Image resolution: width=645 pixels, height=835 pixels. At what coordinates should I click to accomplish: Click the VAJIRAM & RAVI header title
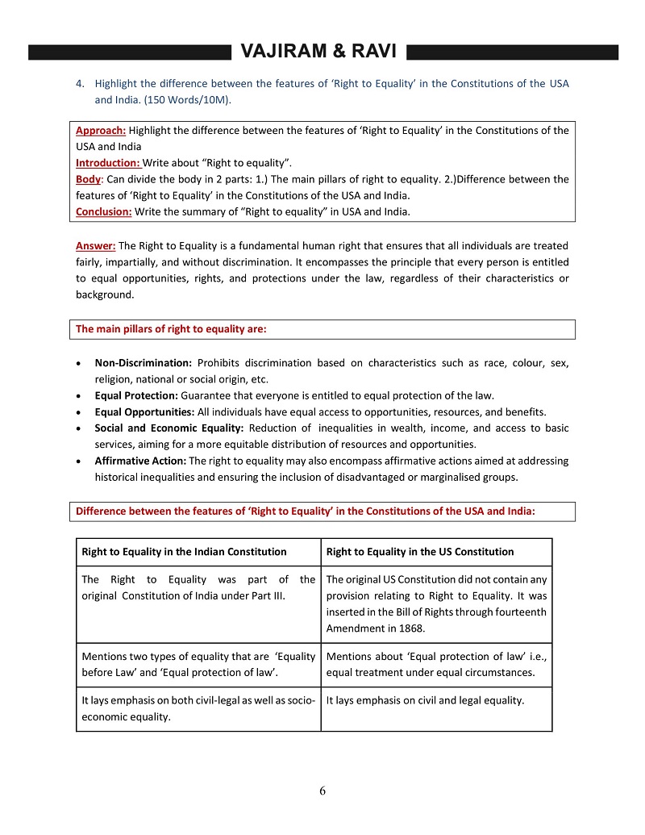pos(318,52)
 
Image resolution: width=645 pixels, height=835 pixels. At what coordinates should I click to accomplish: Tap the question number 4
pos(79,84)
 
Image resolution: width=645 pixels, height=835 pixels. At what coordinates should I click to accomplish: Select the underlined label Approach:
pos(101,131)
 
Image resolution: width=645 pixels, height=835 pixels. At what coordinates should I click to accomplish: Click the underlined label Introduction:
pos(108,162)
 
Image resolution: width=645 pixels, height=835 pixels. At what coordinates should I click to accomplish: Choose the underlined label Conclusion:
pos(105,212)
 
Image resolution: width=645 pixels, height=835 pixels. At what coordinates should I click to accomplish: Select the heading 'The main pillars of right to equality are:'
pos(171,329)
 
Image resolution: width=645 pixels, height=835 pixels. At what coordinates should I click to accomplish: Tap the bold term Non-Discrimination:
pos(143,363)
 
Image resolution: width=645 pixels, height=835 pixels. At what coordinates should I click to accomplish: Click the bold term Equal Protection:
pos(136,395)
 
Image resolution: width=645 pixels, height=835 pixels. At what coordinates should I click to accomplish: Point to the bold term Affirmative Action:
pos(140,461)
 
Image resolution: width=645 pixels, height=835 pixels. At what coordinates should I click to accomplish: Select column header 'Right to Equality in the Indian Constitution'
pos(184,552)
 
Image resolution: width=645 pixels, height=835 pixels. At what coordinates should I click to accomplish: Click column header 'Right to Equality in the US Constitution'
pos(419,552)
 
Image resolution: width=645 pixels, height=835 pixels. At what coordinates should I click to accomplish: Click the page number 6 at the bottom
pos(322,791)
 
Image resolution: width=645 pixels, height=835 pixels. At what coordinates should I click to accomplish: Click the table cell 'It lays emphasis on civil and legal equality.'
pos(425,700)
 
